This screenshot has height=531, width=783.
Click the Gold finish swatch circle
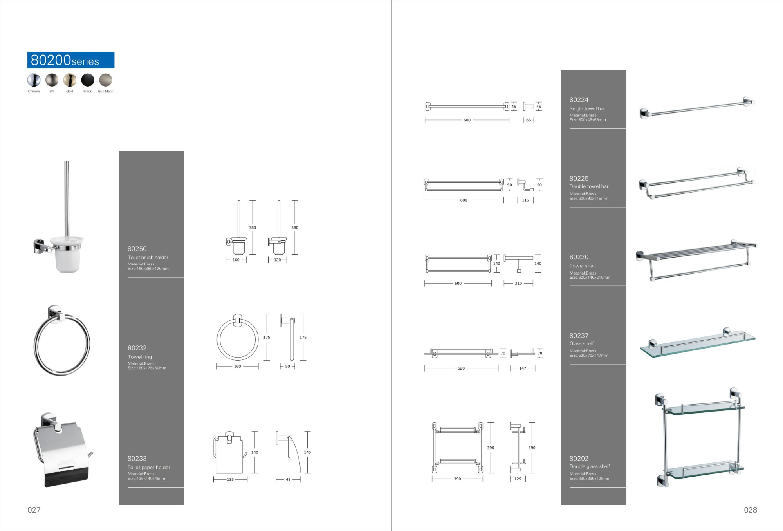[70, 80]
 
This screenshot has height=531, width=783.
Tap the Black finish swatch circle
[88, 80]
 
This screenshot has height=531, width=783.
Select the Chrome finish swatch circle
[34, 80]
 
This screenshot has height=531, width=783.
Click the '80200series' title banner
[71, 60]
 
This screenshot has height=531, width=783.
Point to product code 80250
[137, 249]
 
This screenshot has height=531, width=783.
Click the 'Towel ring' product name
[140, 357]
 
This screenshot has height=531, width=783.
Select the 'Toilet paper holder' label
[149, 467]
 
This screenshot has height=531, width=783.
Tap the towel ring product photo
[61, 341]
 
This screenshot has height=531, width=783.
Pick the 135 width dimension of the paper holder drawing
[230, 479]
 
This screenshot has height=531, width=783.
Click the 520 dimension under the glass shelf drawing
[461, 368]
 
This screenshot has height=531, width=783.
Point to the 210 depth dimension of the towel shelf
[518, 283]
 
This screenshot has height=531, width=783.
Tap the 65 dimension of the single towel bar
[529, 120]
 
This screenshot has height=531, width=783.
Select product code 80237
[579, 336]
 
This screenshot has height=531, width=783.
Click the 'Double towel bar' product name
[589, 186]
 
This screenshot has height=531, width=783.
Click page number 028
[751, 510]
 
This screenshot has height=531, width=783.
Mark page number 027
[34, 510]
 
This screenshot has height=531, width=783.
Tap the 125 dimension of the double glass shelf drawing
[518, 479]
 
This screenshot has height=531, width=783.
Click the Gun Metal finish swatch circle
[106, 80]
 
